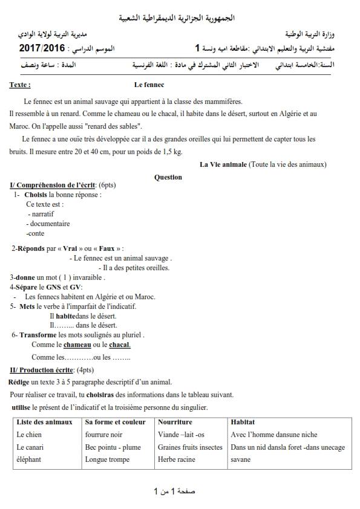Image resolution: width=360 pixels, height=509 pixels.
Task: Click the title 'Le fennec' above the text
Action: (149, 85)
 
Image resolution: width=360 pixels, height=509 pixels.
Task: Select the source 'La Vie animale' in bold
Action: (223, 164)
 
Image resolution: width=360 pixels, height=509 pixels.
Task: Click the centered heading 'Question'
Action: (168, 177)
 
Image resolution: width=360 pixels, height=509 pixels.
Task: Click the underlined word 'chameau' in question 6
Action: (77, 345)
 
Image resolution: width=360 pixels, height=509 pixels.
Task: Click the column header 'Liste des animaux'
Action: (45, 422)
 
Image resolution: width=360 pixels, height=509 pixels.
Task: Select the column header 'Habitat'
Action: (243, 422)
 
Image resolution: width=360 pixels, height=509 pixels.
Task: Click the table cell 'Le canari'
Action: (30, 447)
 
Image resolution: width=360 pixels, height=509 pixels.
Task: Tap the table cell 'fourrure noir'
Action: (104, 435)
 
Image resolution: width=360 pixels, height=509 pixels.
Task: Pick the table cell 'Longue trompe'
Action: (106, 459)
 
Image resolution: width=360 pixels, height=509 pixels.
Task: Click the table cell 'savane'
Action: (241, 459)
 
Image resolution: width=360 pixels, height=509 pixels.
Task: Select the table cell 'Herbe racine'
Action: (177, 459)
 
